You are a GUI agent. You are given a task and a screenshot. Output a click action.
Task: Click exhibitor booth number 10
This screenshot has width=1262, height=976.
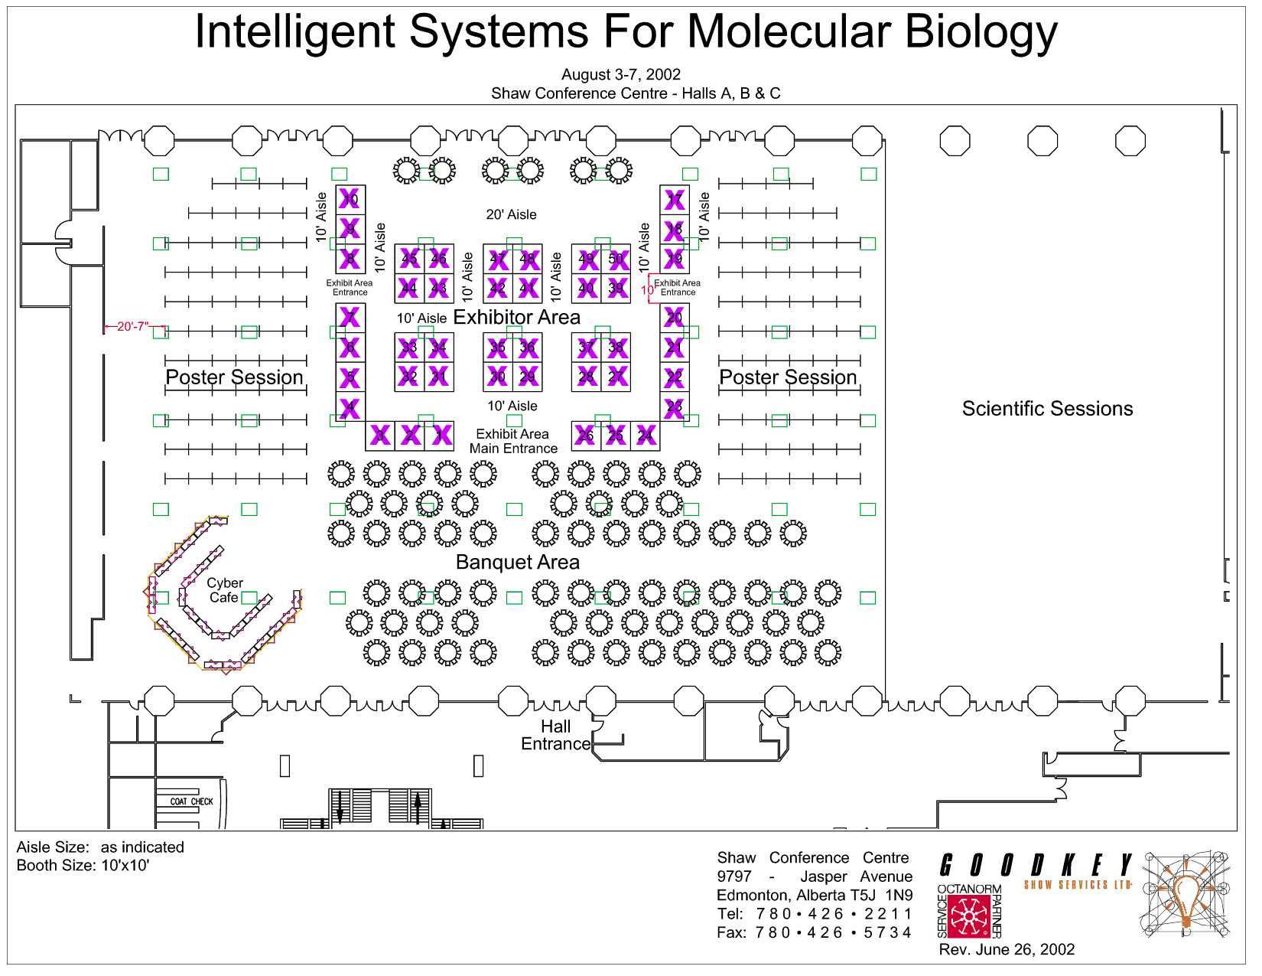350,200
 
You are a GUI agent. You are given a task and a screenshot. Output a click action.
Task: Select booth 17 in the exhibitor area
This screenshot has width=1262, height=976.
675,200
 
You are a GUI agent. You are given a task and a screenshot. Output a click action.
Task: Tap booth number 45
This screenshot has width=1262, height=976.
410,259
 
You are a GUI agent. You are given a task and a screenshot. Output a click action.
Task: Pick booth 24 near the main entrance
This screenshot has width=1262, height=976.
646,436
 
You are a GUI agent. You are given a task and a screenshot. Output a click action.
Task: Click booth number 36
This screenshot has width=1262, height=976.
528,348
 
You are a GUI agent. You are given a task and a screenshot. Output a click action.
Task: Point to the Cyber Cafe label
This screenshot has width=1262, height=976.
225,590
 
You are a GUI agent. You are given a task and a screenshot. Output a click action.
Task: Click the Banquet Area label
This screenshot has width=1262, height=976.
518,562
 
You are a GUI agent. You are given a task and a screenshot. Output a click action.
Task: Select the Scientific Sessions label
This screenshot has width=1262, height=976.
1047,409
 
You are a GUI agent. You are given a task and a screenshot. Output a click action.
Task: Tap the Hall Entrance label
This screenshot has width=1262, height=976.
556,735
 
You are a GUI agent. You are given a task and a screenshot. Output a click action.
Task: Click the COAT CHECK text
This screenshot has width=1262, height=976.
191,801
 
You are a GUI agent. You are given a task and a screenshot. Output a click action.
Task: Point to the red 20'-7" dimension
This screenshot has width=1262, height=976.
132,327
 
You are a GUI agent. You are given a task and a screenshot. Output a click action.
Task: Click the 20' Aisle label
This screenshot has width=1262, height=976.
511,214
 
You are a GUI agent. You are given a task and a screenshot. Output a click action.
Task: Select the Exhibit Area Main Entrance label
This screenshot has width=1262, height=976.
513,441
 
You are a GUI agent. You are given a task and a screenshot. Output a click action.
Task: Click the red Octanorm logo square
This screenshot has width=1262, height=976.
969,916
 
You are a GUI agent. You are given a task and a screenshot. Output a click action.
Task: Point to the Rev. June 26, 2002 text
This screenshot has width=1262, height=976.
1007,950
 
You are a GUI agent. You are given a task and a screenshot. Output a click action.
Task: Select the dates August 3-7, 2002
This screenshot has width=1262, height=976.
621,74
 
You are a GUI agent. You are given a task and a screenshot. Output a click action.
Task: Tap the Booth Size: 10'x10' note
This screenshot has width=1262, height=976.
83,866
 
